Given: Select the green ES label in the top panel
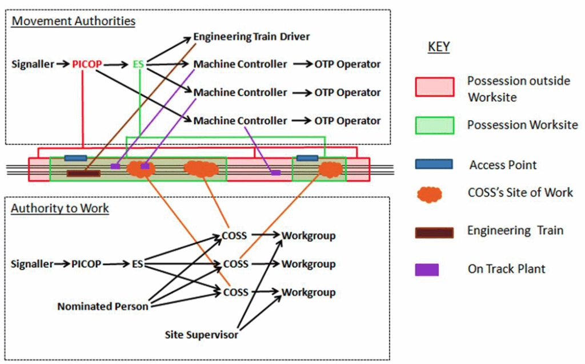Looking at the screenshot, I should (138, 64).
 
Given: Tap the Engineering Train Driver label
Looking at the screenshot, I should (251, 37).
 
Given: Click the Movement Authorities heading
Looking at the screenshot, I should (74, 22).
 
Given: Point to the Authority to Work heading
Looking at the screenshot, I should (60, 208).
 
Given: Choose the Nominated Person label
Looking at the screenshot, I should (103, 306).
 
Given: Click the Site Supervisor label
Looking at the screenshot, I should (201, 334).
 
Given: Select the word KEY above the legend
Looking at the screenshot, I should (439, 48).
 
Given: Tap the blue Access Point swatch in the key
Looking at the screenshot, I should (434, 164).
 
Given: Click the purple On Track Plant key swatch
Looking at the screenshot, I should (427, 269).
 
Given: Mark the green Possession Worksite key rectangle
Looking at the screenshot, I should (434, 125).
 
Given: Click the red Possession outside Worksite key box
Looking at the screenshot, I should (434, 87).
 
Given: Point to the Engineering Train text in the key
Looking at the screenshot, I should (515, 231).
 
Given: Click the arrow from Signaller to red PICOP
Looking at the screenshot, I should (62, 64).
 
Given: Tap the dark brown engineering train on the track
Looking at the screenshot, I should (83, 173).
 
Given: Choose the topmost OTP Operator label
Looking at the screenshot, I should (347, 64).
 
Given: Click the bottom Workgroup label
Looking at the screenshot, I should (308, 292).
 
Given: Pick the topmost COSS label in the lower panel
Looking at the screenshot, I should (236, 236).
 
